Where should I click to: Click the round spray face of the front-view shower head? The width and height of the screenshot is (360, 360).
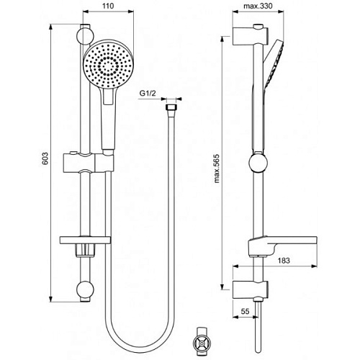107,67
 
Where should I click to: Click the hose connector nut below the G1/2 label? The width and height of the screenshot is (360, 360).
171,108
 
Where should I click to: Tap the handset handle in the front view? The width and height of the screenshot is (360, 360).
108,122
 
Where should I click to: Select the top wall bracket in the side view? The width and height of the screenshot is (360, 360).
248,35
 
